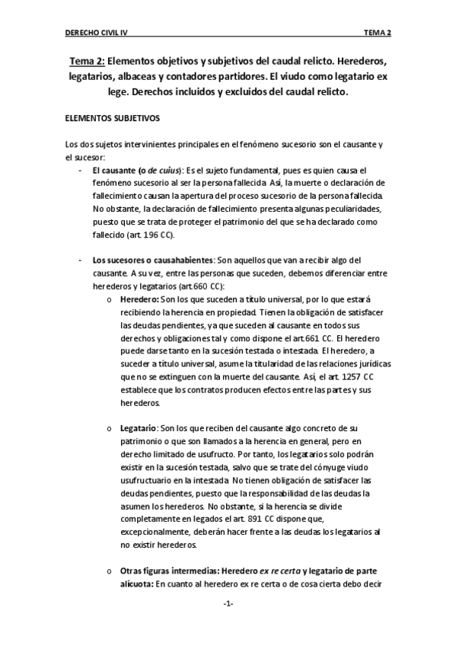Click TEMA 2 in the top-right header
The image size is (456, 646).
click(377, 34)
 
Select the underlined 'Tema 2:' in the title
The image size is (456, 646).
click(87, 61)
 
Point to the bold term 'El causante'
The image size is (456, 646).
click(115, 170)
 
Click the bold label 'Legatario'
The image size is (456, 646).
click(139, 430)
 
